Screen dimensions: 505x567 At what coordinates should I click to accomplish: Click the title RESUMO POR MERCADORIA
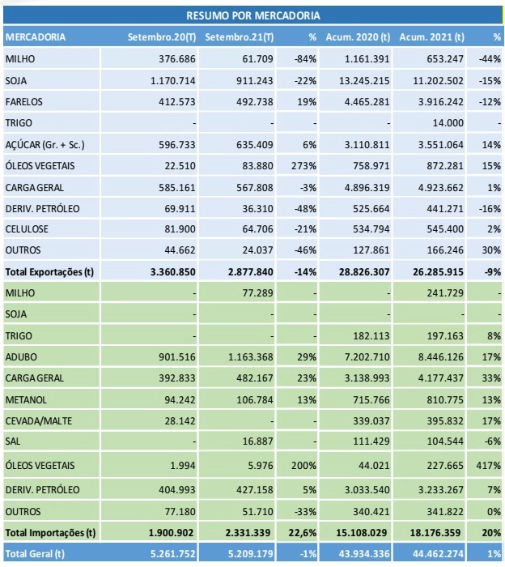[252, 16]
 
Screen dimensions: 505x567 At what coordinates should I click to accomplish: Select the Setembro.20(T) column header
[162, 37]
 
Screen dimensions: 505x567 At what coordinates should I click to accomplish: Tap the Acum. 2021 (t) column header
[431, 37]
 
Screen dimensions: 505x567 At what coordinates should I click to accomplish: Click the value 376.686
[177, 59]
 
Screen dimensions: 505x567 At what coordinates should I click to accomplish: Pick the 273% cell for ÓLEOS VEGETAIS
[303, 166]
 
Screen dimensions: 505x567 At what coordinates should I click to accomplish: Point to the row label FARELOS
[23, 102]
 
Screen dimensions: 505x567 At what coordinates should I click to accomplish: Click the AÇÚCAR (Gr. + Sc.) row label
[45, 145]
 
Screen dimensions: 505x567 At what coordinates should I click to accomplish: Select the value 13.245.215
[364, 81]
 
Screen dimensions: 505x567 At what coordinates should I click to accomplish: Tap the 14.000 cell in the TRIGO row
[448, 123]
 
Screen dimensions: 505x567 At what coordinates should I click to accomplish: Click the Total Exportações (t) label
[49, 272]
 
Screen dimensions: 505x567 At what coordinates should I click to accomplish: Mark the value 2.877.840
[250, 272]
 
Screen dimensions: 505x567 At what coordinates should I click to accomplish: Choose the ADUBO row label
[21, 357]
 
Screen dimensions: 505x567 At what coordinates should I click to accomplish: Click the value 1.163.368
[250, 357]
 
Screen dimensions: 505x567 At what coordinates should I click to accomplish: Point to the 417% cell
[488, 466]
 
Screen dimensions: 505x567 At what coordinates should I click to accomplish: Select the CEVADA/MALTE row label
[39, 421]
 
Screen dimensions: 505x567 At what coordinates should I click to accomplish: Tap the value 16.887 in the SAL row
[257, 441]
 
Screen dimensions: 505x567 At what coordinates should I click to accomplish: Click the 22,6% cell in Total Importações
[303, 533]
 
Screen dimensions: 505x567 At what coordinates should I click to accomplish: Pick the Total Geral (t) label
[35, 554]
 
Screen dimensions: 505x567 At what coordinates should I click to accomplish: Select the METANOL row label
[26, 400]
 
